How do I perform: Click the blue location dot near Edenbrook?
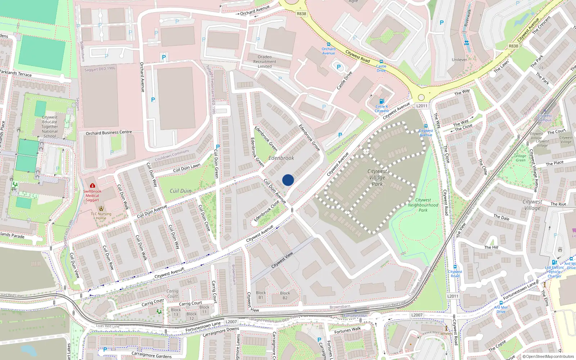288,180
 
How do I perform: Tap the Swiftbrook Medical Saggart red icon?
93,186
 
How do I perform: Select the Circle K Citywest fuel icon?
382,101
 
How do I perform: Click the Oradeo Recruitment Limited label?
265,62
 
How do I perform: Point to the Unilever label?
459,60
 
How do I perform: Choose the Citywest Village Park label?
377,177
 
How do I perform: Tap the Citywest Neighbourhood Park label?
423,205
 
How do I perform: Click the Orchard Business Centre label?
109,133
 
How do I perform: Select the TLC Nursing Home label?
101,216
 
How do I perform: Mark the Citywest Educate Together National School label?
50,127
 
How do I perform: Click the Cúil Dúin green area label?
180,191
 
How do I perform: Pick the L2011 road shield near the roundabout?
422,106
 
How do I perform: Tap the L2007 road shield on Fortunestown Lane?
231,322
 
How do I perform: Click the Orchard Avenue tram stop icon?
328,44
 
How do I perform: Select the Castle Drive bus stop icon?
381,62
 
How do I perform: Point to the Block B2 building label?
285,295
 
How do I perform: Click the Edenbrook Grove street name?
310,138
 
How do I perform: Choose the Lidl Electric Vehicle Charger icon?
554,262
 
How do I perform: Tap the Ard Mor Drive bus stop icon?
501,303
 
